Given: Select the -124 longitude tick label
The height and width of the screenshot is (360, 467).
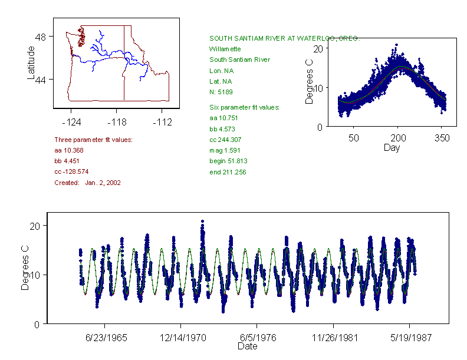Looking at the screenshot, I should click(71, 123).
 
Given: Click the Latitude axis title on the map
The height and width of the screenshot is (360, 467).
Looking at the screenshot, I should click(31, 62).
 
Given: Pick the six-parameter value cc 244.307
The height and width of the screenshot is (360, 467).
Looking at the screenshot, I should click(225, 140).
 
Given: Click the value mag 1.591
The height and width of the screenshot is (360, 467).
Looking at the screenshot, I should click(224, 150).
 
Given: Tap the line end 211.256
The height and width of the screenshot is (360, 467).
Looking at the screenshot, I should click(228, 172).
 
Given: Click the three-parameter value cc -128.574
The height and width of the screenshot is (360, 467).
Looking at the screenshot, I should click(71, 171).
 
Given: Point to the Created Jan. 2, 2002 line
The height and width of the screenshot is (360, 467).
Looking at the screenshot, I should click(87, 183).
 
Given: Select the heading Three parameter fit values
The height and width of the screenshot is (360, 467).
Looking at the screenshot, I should click(93, 140).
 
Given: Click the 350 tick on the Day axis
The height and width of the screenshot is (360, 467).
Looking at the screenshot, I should click(442, 138).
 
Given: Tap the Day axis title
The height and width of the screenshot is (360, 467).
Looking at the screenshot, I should click(392, 148).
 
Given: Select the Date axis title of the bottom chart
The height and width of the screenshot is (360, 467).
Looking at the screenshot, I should click(247, 346).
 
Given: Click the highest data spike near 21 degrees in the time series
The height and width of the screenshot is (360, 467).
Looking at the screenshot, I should click(202, 222).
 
